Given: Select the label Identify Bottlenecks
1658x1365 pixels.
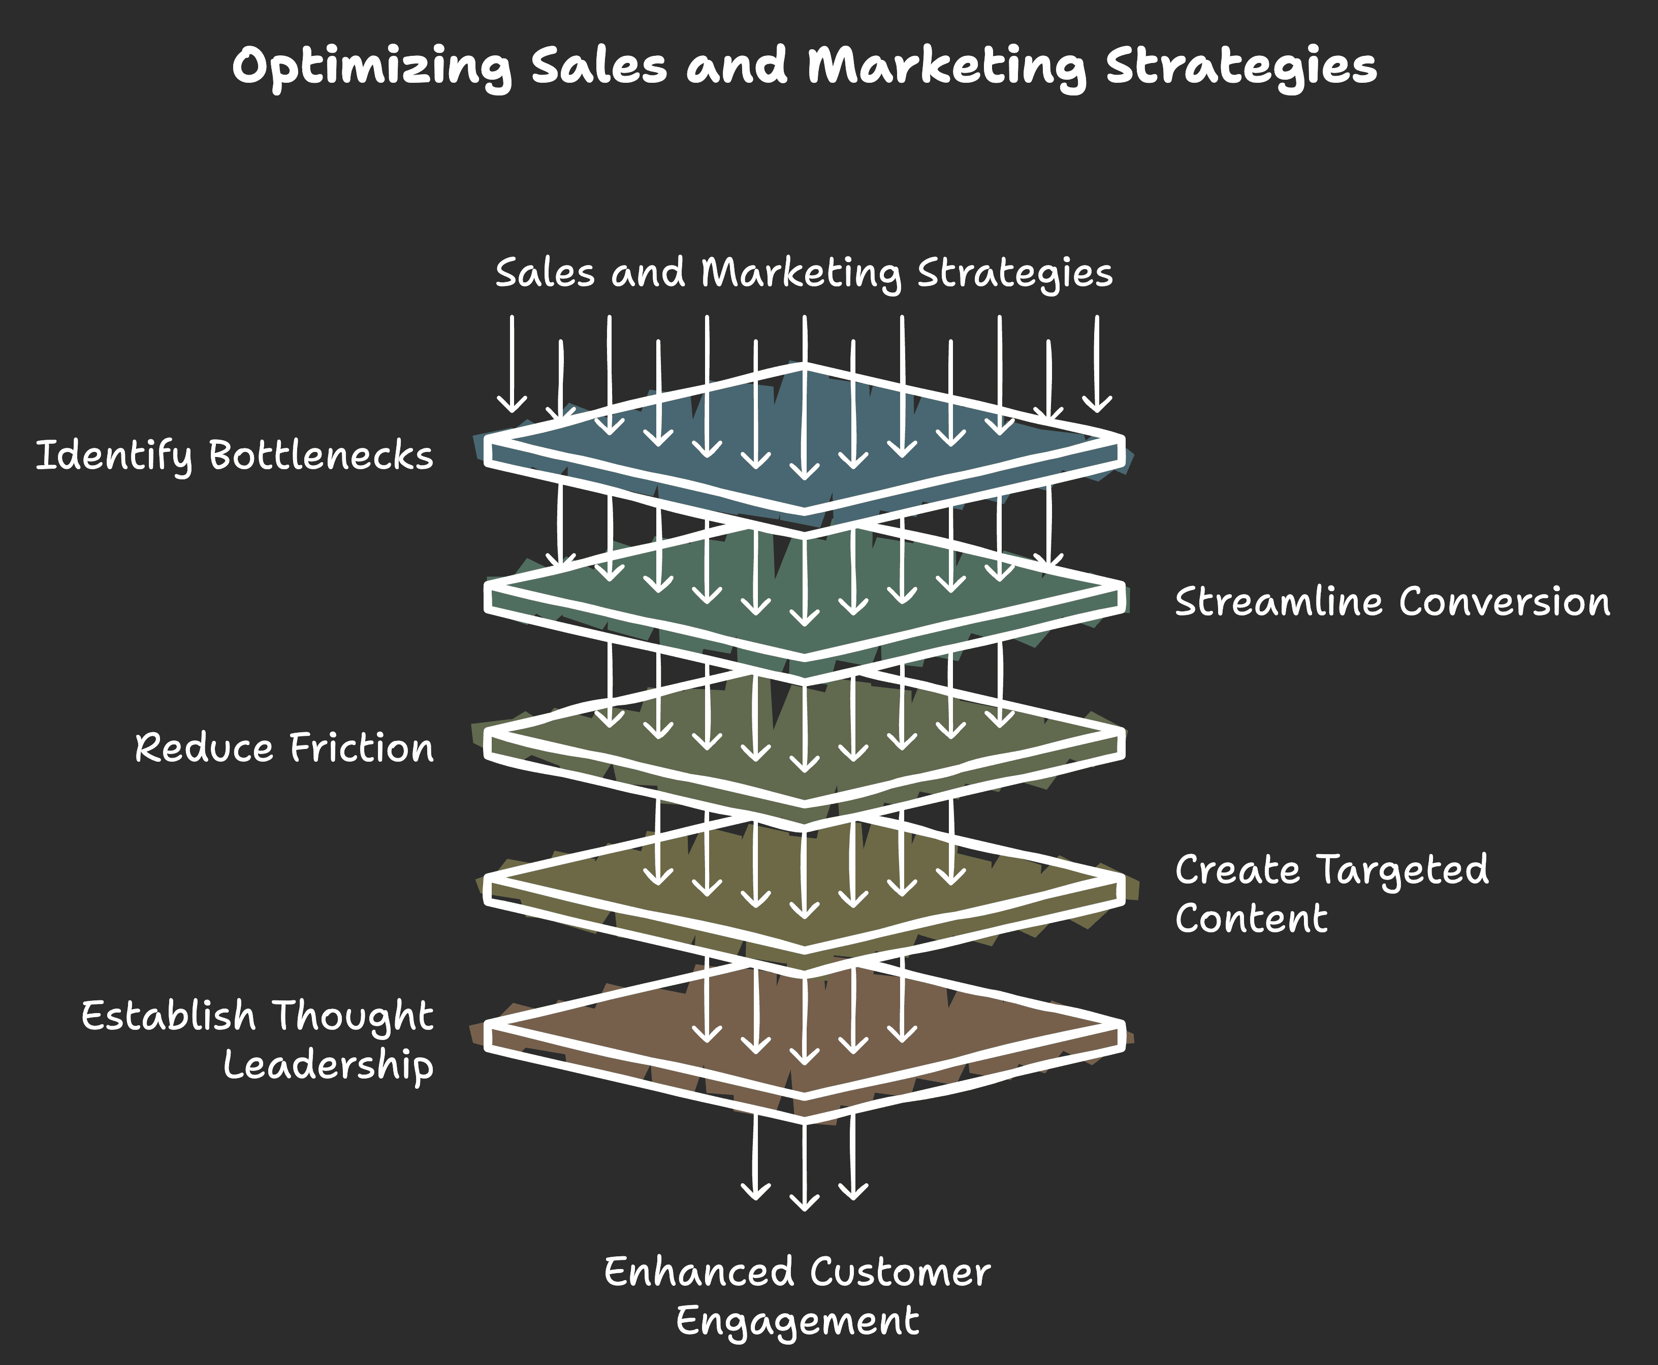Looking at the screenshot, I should [234, 456].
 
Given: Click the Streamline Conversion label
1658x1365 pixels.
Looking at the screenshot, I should [1392, 602].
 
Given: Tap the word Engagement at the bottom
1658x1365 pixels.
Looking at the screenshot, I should [797, 1321].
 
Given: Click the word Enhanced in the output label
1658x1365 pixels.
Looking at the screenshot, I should [698, 1272].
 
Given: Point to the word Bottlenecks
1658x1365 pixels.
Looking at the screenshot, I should [321, 456].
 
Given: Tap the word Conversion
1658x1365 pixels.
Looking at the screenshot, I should [1504, 602].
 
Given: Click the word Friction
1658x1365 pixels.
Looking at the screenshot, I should [362, 748].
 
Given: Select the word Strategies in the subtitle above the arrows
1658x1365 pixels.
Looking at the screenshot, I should [1014, 274].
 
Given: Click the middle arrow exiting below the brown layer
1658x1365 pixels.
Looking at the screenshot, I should [804, 1164].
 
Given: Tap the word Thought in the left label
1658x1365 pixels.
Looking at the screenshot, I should [353, 1016].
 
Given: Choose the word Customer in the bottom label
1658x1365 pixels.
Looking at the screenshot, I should [900, 1272].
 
